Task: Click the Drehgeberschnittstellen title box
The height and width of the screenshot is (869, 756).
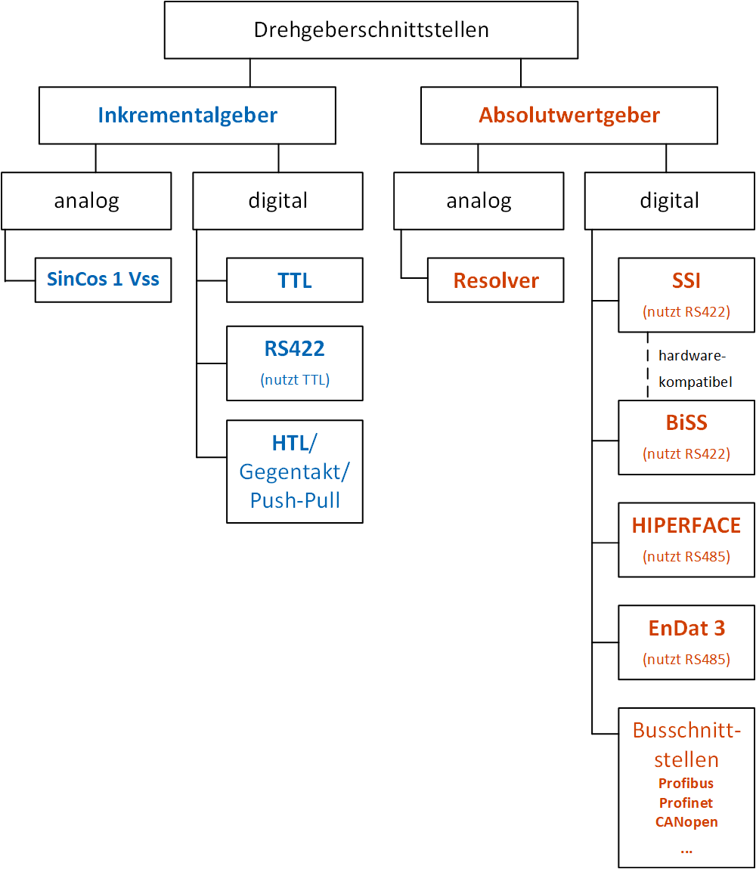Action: (x=371, y=30)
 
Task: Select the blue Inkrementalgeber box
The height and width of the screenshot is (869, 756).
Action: (x=187, y=116)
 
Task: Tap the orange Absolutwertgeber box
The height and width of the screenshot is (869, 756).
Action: (x=569, y=116)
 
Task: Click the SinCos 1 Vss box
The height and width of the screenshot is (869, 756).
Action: (x=103, y=280)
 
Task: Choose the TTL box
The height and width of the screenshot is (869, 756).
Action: (x=295, y=280)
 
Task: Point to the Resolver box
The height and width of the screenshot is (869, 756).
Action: (x=496, y=280)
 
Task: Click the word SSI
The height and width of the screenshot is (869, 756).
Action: (x=686, y=280)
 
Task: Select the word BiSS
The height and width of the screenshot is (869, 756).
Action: (x=686, y=422)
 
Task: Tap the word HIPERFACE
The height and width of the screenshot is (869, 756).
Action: (x=686, y=525)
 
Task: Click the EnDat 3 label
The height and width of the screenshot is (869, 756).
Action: (x=686, y=628)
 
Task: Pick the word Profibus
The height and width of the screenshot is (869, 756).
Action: (x=686, y=783)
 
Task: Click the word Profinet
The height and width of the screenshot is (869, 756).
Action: (x=686, y=803)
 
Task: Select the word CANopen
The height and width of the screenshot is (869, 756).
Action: (x=686, y=821)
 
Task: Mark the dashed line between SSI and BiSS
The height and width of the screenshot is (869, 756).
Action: (x=648, y=366)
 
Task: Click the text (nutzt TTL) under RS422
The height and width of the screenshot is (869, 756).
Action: (x=295, y=380)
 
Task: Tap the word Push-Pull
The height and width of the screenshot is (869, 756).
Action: (x=295, y=499)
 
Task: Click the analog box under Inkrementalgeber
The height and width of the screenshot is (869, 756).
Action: (x=86, y=201)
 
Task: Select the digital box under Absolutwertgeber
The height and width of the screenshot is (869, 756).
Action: (x=670, y=201)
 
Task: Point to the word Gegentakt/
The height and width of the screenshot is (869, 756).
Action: (x=295, y=472)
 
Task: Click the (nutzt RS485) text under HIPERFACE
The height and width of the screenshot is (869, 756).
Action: (x=686, y=557)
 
